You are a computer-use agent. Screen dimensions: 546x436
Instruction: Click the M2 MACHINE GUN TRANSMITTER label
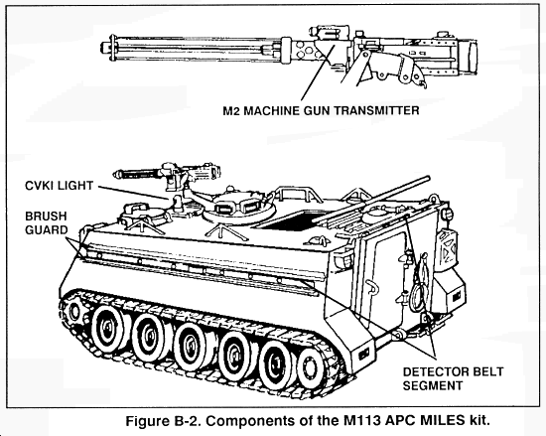click(x=321, y=111)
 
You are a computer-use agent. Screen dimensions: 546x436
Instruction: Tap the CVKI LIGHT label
click(x=60, y=186)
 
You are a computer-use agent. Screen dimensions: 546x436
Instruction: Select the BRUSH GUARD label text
click(x=47, y=222)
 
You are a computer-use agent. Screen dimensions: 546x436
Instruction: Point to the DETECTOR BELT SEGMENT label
click(x=453, y=378)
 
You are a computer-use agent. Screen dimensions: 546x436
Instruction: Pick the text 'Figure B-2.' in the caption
click(x=164, y=421)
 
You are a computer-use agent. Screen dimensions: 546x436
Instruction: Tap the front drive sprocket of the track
click(x=73, y=311)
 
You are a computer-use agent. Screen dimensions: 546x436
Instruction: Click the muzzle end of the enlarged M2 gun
click(x=104, y=47)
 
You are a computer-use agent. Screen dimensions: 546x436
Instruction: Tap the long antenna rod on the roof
click(x=371, y=200)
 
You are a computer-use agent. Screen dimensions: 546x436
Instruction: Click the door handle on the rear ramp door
click(x=373, y=290)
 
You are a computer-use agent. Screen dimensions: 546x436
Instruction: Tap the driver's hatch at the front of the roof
click(x=143, y=214)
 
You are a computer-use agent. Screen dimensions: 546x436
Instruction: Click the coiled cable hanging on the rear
click(x=419, y=286)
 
